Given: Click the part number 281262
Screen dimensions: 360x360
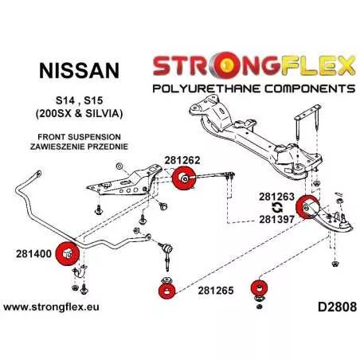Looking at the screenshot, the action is (182, 160).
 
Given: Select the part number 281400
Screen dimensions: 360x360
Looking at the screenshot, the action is (33, 253).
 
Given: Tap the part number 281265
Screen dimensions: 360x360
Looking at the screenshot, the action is (216, 291).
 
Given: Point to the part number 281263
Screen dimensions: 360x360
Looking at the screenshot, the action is (277, 197).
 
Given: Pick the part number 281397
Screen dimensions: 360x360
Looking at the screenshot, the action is (277, 219).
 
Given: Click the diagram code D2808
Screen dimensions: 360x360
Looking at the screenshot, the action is (337, 307).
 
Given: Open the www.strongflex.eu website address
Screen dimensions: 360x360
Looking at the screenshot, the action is (51, 307).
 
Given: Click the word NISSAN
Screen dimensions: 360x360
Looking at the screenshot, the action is (79, 71).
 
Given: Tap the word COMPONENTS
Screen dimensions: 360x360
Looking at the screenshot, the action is (310, 88).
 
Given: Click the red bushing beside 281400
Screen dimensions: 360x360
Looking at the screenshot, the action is (68, 253).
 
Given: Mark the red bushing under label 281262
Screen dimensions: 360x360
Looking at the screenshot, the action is (184, 178).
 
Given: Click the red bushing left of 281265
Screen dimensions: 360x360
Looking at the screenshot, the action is (166, 290).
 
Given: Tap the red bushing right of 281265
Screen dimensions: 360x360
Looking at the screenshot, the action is (259, 288).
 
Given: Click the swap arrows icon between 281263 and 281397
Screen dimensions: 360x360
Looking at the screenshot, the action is (277, 208).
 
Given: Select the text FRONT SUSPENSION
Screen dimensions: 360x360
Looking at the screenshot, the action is (79, 137).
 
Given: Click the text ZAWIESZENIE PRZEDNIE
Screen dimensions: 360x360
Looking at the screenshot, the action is (79, 147).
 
